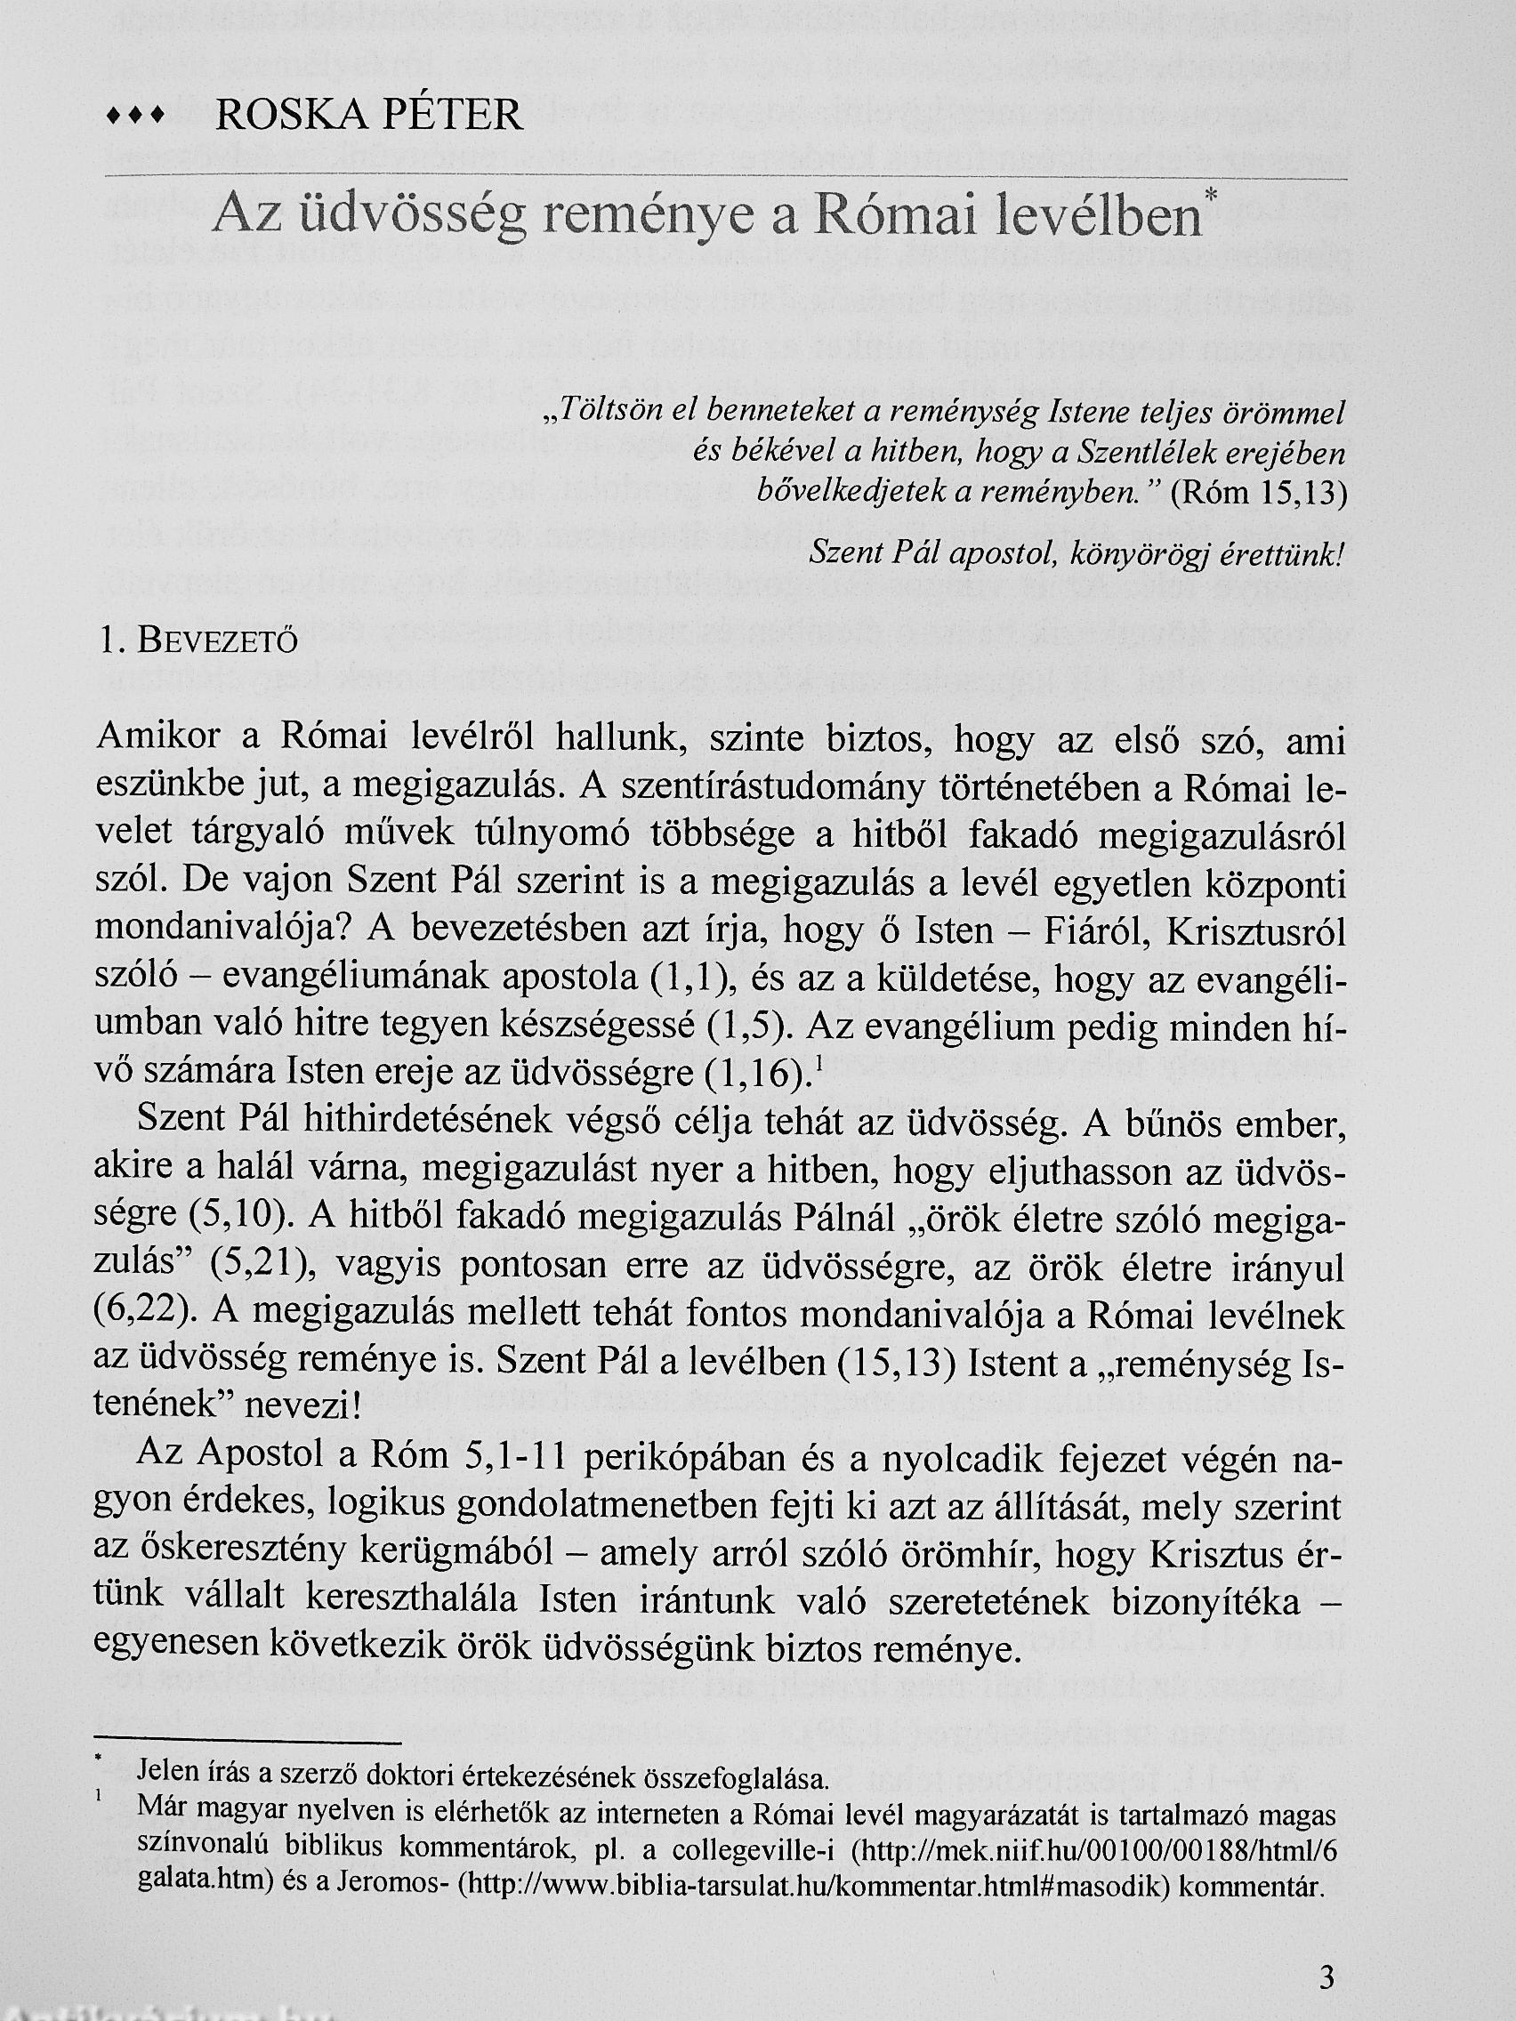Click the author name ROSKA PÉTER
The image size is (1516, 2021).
coord(368,116)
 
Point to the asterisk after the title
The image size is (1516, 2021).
coord(1213,196)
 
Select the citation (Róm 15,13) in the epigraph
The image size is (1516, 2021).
coord(1257,494)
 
